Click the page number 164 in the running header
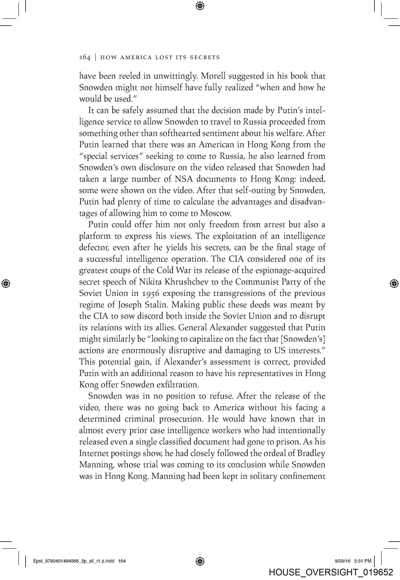coord(85,57)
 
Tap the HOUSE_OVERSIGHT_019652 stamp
coord(331,572)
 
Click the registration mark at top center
coord(200,6)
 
